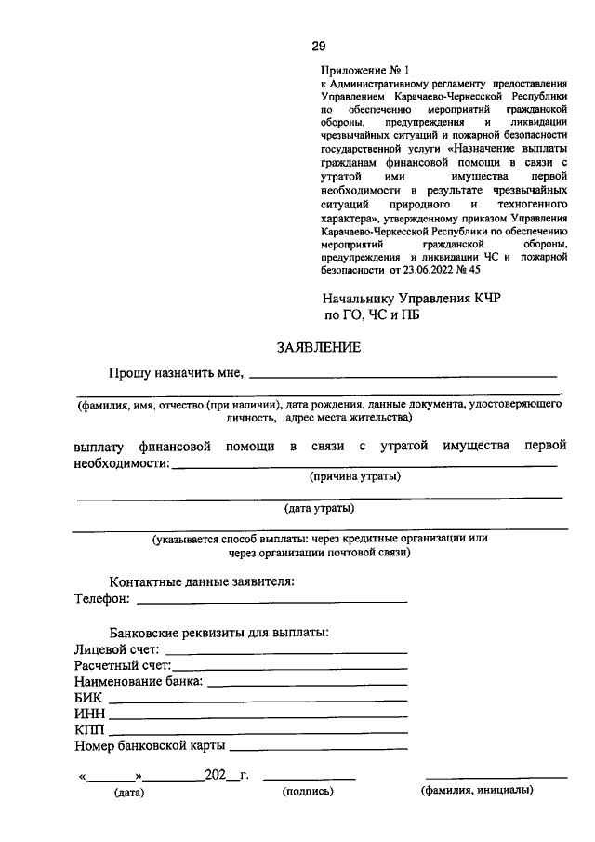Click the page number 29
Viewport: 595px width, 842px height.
click(317, 46)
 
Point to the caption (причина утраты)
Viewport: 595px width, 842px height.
click(355, 476)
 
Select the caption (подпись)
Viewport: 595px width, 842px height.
click(307, 792)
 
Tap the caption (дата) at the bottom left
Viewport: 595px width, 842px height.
click(128, 793)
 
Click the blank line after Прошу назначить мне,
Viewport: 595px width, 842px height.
click(404, 375)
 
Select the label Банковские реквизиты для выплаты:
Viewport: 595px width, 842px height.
click(218, 632)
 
